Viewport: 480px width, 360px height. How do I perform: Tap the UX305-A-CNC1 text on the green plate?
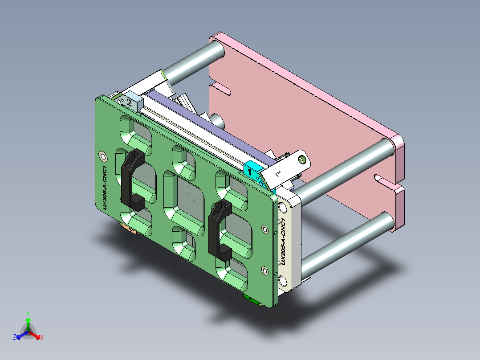(104, 187)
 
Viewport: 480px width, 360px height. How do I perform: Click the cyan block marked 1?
(252, 170)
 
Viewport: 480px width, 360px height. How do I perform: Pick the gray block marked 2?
(130, 102)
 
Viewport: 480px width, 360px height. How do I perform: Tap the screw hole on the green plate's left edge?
(103, 155)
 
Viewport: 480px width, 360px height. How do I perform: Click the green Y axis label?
(28, 313)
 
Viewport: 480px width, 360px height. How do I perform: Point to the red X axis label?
(42, 338)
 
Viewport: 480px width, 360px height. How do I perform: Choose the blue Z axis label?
(14, 338)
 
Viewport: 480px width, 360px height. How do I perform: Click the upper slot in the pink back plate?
(220, 89)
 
